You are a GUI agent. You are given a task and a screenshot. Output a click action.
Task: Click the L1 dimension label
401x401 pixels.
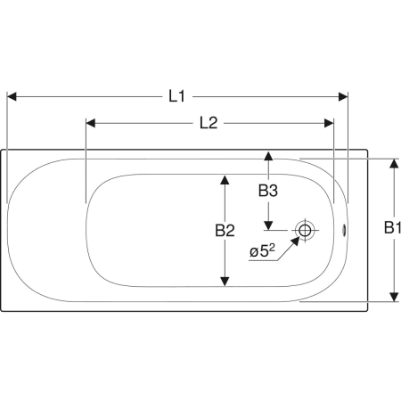coord(177,96)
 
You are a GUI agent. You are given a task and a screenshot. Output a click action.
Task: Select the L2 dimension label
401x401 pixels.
coord(209,123)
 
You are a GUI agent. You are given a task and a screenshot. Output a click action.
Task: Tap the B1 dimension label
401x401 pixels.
coord(392,227)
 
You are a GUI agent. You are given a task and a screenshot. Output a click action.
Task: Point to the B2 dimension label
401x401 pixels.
coord(225,230)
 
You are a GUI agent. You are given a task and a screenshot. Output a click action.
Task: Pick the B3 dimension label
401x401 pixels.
coord(268,191)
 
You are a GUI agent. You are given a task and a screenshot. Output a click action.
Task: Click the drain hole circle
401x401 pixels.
coord(305,230)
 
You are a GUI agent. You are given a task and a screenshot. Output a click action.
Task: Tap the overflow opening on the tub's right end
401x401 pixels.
coord(344,230)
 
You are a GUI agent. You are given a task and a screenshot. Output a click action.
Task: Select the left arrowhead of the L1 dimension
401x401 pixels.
coord(12,96)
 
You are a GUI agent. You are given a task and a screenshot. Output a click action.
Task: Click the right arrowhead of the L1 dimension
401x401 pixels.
coord(343,96)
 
